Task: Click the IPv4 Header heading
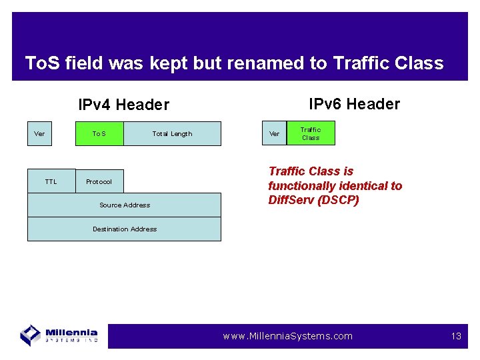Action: click(123, 105)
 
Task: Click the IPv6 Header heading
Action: click(354, 104)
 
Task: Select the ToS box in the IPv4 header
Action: click(99, 133)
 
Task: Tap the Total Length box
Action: click(172, 133)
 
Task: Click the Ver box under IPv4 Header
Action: click(39, 133)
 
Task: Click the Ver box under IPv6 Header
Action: click(274, 133)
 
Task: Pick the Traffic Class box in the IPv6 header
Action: click(311, 133)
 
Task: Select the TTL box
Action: click(51, 181)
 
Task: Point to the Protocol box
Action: click(99, 181)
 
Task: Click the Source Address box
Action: click(124, 205)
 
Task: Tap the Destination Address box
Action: click(124, 229)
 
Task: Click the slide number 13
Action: click(456, 336)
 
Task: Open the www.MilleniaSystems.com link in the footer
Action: click(287, 336)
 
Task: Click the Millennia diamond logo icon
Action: click(31, 335)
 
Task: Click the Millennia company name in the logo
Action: click(71, 332)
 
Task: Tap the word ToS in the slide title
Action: click(41, 63)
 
